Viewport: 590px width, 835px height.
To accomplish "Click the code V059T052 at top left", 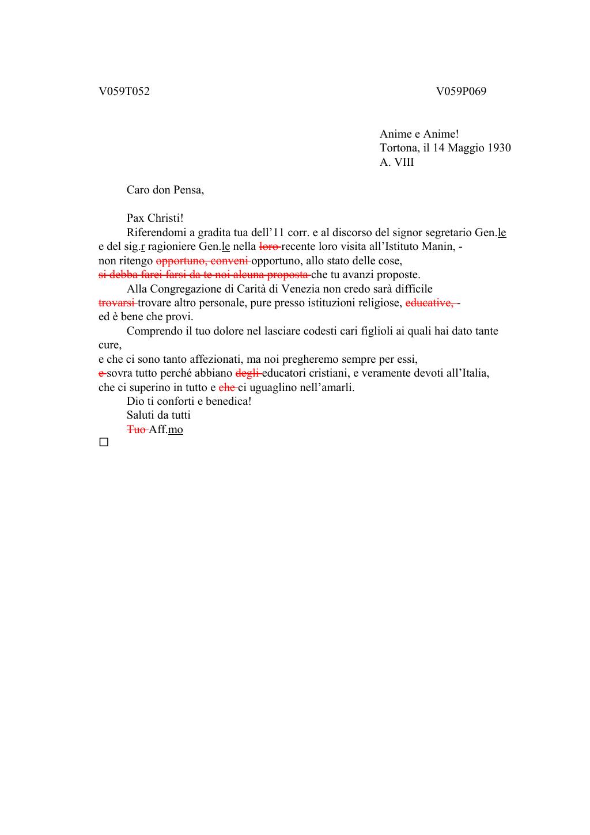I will pyautogui.click(x=124, y=92).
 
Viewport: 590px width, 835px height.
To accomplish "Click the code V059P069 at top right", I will pyautogui.click(x=461, y=92).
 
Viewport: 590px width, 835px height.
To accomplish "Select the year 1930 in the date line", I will pyautogui.click(x=499, y=148).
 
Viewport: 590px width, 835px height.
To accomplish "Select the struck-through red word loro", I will pyautogui.click(x=269, y=246).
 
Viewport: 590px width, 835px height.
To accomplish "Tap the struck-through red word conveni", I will pyautogui.click(x=229, y=260).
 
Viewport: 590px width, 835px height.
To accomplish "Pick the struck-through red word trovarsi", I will pyautogui.click(x=117, y=302).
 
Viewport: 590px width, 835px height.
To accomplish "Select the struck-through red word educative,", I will pyautogui.click(x=430, y=302).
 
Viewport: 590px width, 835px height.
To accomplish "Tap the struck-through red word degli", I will pyautogui.click(x=248, y=373).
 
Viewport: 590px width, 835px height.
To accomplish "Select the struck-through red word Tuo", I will pyautogui.click(x=137, y=430).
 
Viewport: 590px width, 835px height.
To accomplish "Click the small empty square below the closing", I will pyautogui.click(x=104, y=442).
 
